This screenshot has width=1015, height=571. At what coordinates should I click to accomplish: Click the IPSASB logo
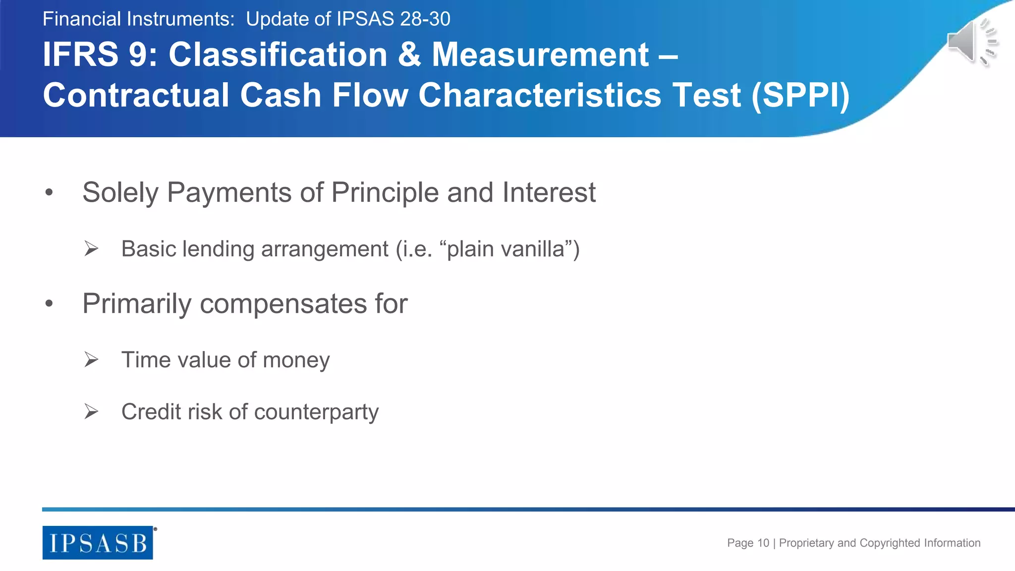click(x=98, y=543)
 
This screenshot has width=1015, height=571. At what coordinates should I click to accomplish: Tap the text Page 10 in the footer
click(x=748, y=543)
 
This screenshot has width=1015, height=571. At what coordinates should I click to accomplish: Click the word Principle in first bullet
click(x=385, y=192)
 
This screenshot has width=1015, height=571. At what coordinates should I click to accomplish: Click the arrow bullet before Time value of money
click(x=91, y=359)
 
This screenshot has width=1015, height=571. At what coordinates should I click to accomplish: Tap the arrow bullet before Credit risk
click(x=91, y=411)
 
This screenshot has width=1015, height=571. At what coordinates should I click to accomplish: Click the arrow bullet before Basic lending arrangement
click(x=91, y=248)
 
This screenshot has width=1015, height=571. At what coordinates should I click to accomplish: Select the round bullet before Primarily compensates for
click(x=49, y=303)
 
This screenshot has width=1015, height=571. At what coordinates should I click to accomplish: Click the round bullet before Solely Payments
click(x=49, y=192)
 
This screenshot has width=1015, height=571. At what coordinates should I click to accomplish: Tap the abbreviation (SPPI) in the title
click(x=800, y=95)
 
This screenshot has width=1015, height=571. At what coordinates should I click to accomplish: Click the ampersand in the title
click(x=409, y=55)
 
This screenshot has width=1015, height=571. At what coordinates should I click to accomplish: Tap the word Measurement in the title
click(x=540, y=55)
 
